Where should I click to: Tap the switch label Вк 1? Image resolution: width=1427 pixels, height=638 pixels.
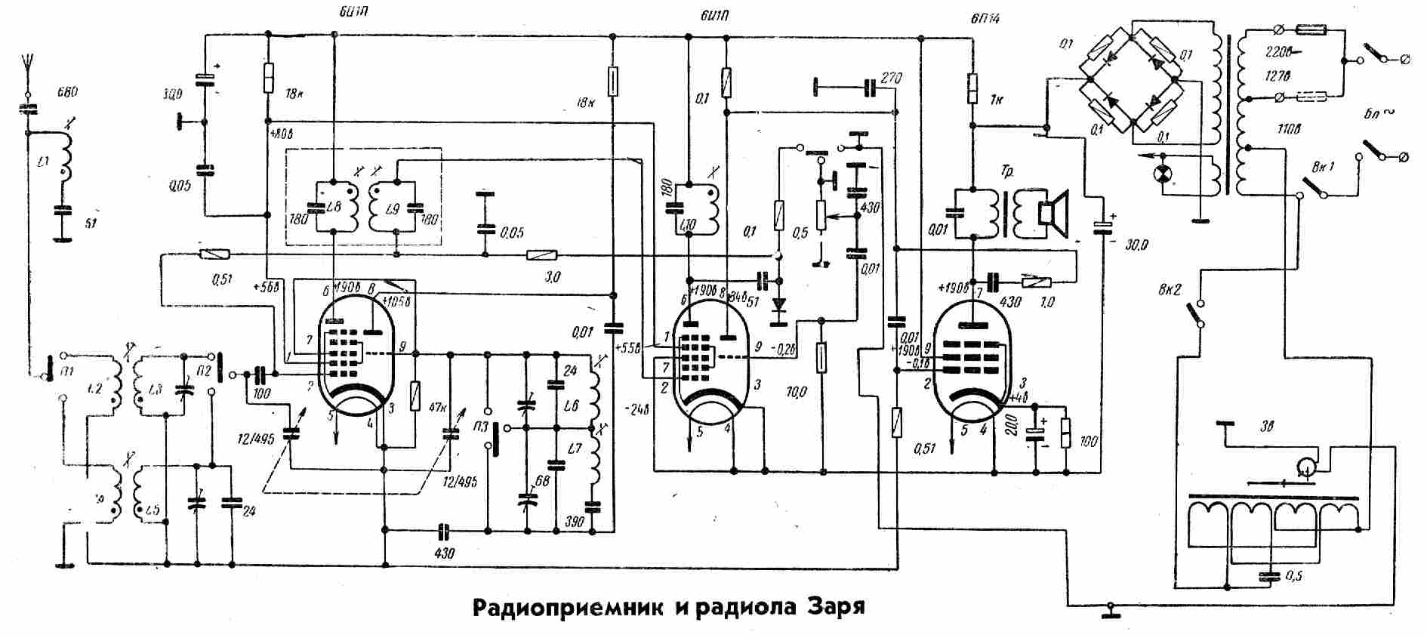1323,166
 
